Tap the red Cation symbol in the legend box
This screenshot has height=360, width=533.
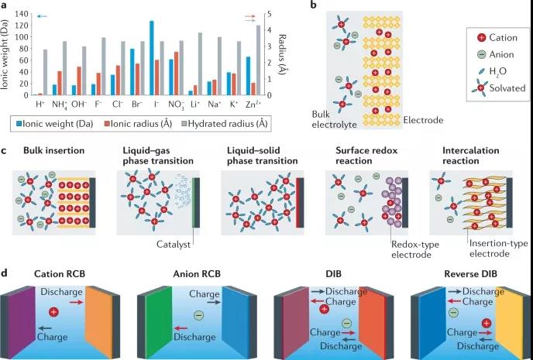(482, 36)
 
